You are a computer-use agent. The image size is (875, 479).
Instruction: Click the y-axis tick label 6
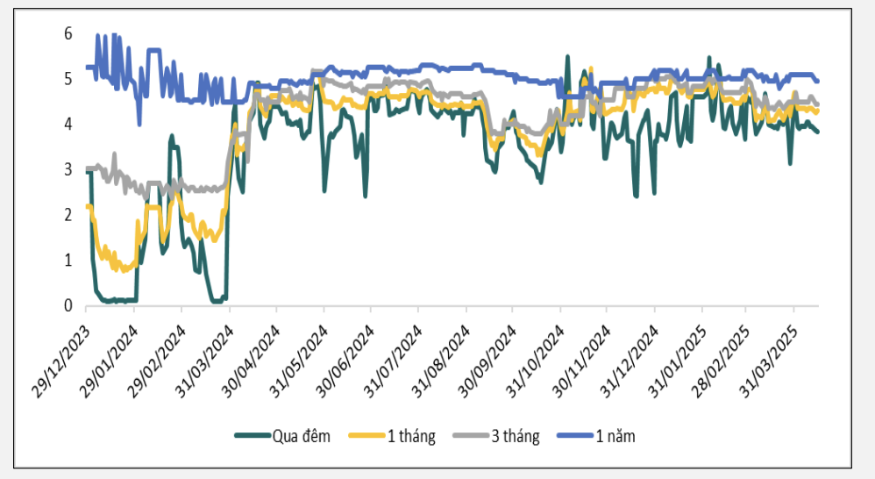click(68, 33)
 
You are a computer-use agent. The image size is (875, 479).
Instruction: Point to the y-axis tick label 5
click(68, 79)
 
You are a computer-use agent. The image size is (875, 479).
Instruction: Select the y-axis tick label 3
click(68, 169)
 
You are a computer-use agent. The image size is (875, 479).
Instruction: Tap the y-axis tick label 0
click(68, 306)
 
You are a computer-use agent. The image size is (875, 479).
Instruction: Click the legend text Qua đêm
click(302, 436)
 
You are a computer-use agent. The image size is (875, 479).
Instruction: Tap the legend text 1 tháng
click(411, 436)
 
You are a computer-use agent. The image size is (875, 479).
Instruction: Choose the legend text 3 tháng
click(515, 436)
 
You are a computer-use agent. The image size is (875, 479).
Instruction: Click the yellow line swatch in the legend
click(367, 436)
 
